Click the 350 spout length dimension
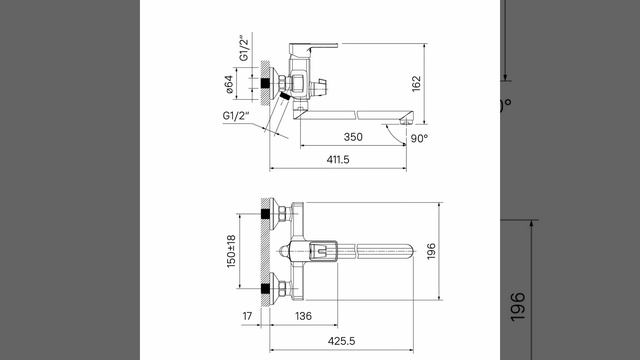coord(353,137)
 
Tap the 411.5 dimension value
coord(338,160)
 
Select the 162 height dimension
coord(416,84)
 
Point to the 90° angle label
coord(419,138)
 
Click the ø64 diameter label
coord(229,84)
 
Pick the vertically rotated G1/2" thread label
coord(244,49)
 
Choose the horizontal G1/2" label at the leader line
coord(236,116)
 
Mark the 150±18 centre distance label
coord(231,251)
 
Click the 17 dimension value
coord(247,316)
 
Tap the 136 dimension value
coord(303,316)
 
